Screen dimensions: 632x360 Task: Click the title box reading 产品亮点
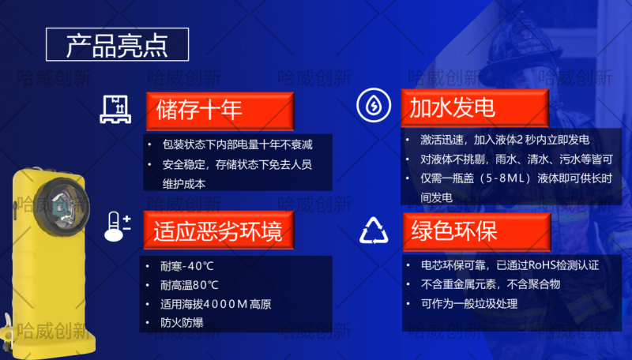tap(117, 45)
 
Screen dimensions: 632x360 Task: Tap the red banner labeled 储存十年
tap(220, 111)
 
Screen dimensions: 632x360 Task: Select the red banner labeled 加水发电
tap(475, 108)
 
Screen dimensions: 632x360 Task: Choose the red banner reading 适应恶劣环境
tap(219, 231)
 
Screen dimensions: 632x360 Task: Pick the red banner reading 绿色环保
tap(477, 232)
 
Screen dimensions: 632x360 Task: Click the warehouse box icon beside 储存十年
tap(115, 109)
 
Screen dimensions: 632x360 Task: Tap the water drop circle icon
tap(374, 105)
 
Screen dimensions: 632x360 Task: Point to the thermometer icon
tap(117, 227)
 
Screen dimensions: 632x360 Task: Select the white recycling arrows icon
tap(374, 231)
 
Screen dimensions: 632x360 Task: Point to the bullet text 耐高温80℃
tap(190, 285)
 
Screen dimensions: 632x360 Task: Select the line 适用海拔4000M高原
tap(216, 304)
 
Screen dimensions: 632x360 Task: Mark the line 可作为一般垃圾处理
tap(469, 304)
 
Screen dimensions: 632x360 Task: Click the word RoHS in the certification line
tap(541, 265)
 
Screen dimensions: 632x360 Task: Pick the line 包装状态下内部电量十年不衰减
tap(238, 144)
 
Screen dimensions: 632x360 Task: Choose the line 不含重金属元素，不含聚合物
tap(491, 284)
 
